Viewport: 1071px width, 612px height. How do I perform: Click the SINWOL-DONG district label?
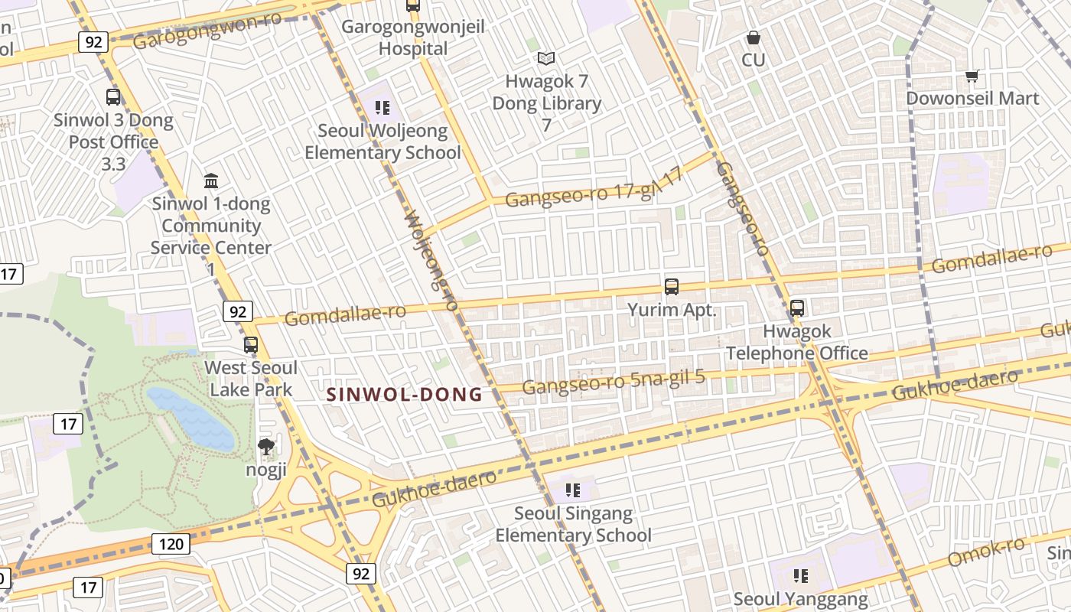tap(405, 395)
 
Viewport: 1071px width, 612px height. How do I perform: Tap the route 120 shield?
tap(171, 544)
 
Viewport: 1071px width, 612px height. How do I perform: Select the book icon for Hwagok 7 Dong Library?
tap(546, 58)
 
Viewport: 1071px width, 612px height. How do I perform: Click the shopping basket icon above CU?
tap(754, 37)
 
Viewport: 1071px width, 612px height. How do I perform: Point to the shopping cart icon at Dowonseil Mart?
tap(972, 76)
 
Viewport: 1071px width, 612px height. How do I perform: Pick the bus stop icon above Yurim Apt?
tap(672, 287)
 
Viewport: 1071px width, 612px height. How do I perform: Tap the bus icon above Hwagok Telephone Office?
tap(797, 308)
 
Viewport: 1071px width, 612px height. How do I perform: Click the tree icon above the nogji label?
tap(266, 446)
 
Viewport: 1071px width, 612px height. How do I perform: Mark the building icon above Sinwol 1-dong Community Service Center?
tap(211, 181)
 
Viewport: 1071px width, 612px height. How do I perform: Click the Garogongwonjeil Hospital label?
tap(413, 37)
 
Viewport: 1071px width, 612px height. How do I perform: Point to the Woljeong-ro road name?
tap(430, 261)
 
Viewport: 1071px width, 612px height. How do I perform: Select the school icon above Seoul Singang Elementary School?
tap(573, 490)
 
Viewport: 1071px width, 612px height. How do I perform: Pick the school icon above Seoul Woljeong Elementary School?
tap(383, 108)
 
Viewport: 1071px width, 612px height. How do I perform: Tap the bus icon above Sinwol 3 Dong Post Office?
tap(113, 97)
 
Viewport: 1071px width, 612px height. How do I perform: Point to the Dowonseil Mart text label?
tap(972, 98)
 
